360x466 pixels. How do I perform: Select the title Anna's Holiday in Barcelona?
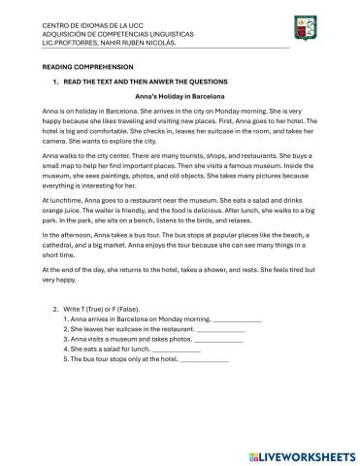(180, 97)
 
